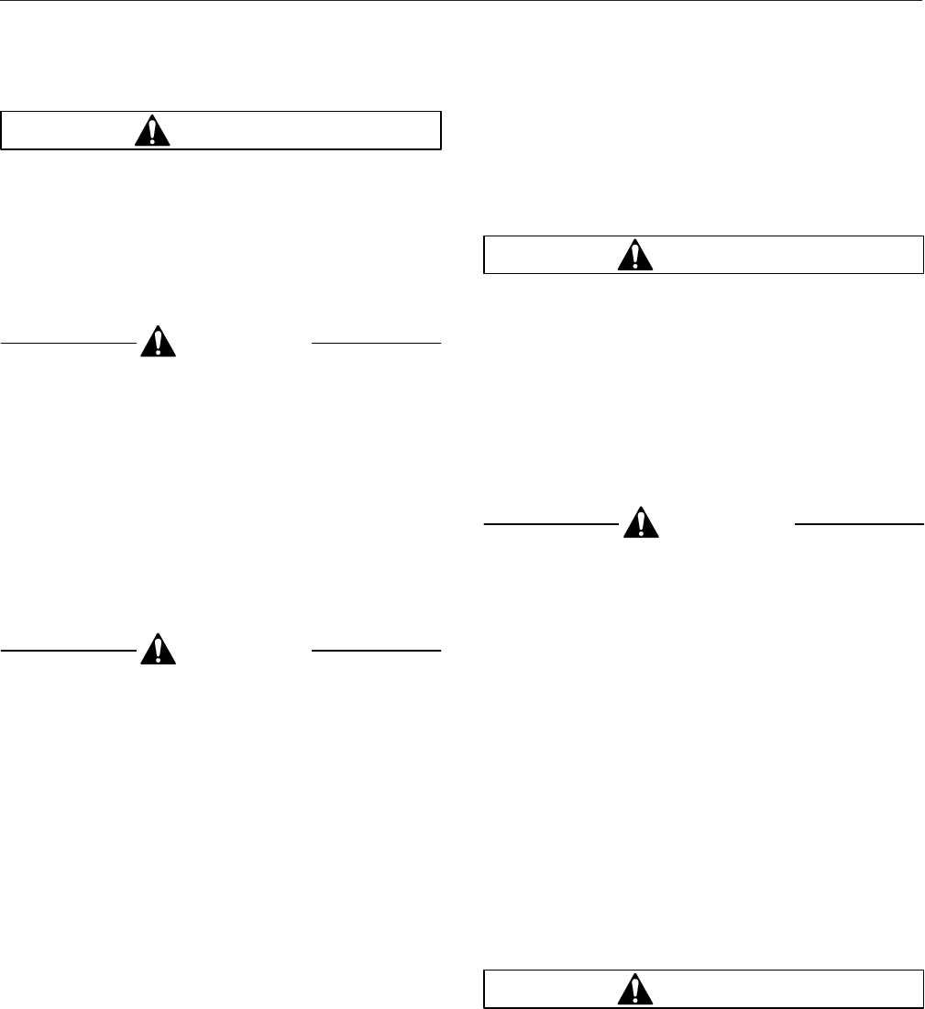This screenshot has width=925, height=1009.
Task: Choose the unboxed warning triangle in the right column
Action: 641,522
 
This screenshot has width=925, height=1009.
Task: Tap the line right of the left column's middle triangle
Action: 376,343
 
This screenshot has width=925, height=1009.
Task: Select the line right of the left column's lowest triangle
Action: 376,650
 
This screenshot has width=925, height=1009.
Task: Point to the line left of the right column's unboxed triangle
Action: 551,523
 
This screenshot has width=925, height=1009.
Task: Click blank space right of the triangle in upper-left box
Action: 303,131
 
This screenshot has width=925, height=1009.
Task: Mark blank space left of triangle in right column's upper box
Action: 550,256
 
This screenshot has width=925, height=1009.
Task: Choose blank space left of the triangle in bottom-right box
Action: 550,990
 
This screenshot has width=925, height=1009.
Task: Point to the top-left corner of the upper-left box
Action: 2,113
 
